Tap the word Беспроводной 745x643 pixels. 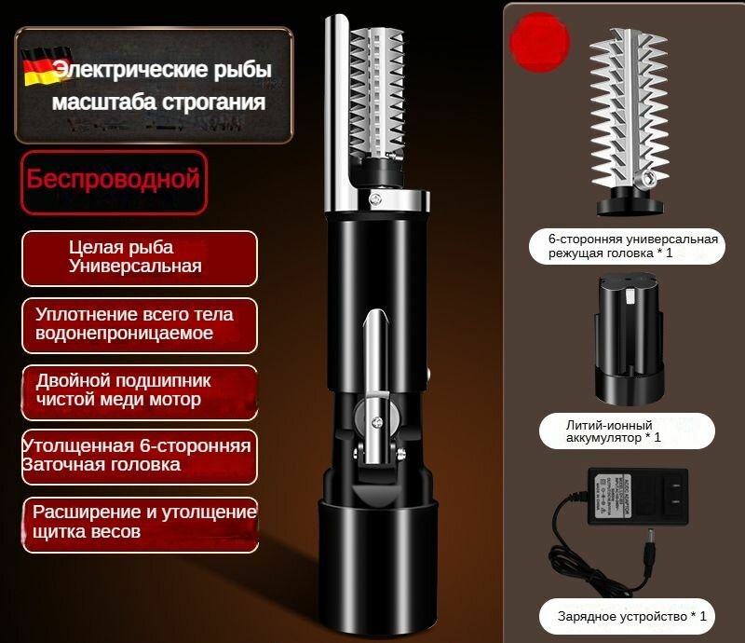113,178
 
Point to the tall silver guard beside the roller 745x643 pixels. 333,112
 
